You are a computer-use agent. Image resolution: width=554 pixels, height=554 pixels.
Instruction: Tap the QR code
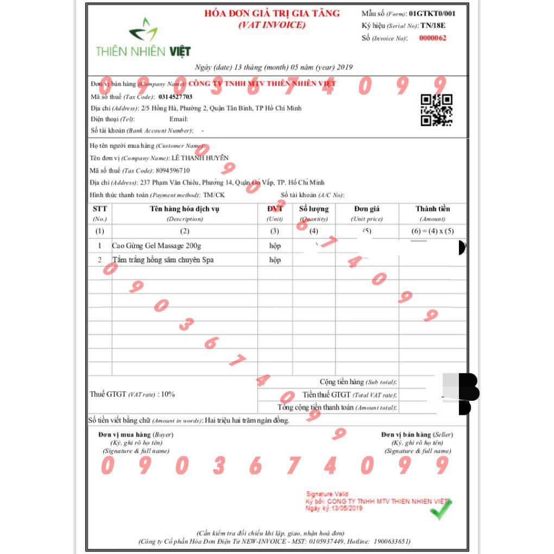point(437,110)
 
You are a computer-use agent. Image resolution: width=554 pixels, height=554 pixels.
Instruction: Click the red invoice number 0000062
point(433,38)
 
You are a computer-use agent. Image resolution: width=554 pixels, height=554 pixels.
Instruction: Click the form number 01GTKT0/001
point(432,13)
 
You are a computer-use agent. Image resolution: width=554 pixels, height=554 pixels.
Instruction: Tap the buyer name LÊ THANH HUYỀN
point(200,158)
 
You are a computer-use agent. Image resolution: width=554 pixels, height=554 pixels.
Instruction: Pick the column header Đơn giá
point(367,209)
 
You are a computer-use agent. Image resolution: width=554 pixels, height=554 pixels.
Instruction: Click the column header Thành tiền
point(433,209)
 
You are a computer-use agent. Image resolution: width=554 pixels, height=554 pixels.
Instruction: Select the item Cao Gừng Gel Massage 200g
point(156,246)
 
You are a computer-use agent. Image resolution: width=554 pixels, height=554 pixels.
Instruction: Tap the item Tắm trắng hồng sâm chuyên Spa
point(162,260)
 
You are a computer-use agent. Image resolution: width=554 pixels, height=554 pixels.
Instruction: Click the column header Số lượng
point(313,209)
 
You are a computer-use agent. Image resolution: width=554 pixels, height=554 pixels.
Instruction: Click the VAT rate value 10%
point(168,394)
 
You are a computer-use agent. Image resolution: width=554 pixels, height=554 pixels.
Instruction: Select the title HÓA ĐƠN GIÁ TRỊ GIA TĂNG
point(272,14)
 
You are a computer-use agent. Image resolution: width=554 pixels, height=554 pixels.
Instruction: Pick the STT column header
point(100,209)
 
